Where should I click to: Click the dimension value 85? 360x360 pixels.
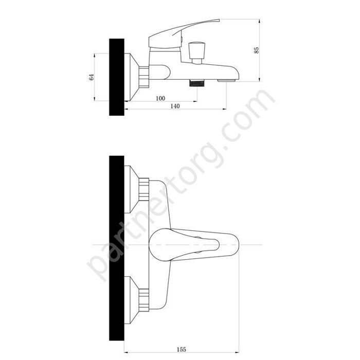[257, 50]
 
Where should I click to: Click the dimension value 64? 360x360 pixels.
[92, 77]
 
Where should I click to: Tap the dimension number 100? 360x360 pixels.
[160, 98]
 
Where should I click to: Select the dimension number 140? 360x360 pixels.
[175, 106]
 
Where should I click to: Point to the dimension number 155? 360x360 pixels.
[181, 349]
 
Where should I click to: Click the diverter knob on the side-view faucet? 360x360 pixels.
[196, 53]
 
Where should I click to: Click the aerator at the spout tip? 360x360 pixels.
[227, 81]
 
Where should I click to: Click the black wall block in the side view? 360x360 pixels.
[117, 77]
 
